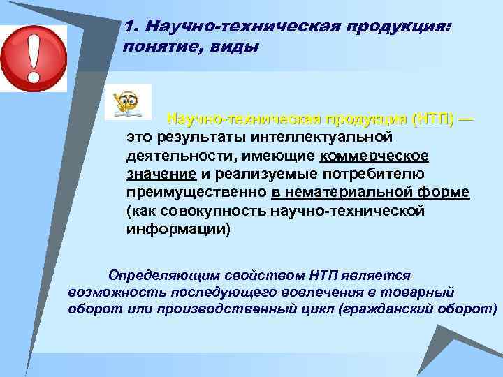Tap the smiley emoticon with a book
click(x=127, y=101)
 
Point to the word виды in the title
click(x=235, y=47)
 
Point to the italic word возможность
click(x=112, y=292)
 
